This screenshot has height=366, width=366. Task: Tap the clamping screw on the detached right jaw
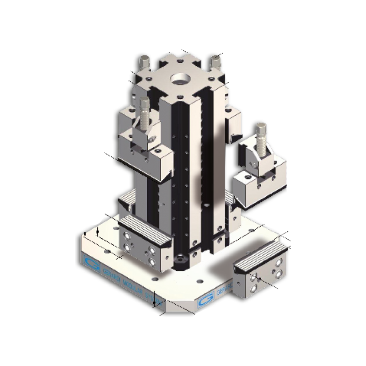point(261,137)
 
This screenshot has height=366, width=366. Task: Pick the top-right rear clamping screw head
point(213,61)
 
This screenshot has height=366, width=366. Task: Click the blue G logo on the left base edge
point(89,261)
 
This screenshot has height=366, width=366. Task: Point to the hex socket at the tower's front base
point(179,260)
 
